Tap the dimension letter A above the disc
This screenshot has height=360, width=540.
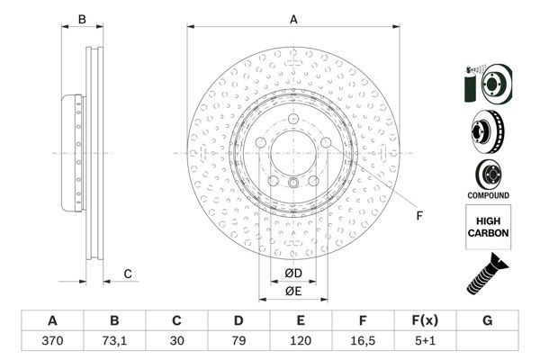(292, 19)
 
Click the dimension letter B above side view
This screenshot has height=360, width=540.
(81, 19)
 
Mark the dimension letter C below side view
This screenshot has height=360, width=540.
(128, 274)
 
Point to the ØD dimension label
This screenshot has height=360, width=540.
(292, 273)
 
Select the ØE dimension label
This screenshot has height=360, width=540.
(292, 291)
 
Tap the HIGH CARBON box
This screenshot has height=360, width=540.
(489, 225)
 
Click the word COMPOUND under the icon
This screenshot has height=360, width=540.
(489, 195)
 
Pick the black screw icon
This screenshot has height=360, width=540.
(487, 274)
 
